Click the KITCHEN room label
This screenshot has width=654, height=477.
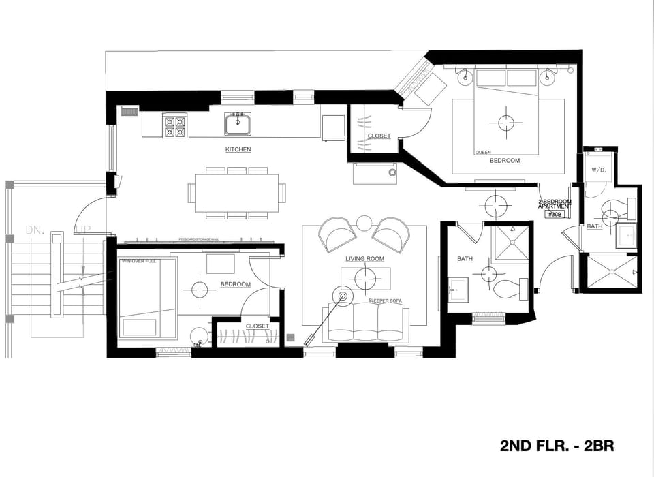238,149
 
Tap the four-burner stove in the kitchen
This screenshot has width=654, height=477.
174,126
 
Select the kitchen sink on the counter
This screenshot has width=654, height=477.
238,124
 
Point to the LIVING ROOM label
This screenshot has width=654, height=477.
365,259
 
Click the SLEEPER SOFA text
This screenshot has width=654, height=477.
385,301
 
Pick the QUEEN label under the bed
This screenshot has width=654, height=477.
482,153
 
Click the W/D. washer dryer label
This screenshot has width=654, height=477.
599,170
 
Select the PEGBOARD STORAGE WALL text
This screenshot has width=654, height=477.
198,240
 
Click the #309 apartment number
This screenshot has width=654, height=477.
555,214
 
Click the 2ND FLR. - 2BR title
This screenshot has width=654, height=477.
557,446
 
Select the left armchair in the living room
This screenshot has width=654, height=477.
337,234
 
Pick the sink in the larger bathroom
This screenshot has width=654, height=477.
457,288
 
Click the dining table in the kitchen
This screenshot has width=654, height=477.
236,193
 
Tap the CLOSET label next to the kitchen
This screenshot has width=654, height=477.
379,136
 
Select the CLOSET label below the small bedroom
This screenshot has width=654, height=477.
257,326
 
